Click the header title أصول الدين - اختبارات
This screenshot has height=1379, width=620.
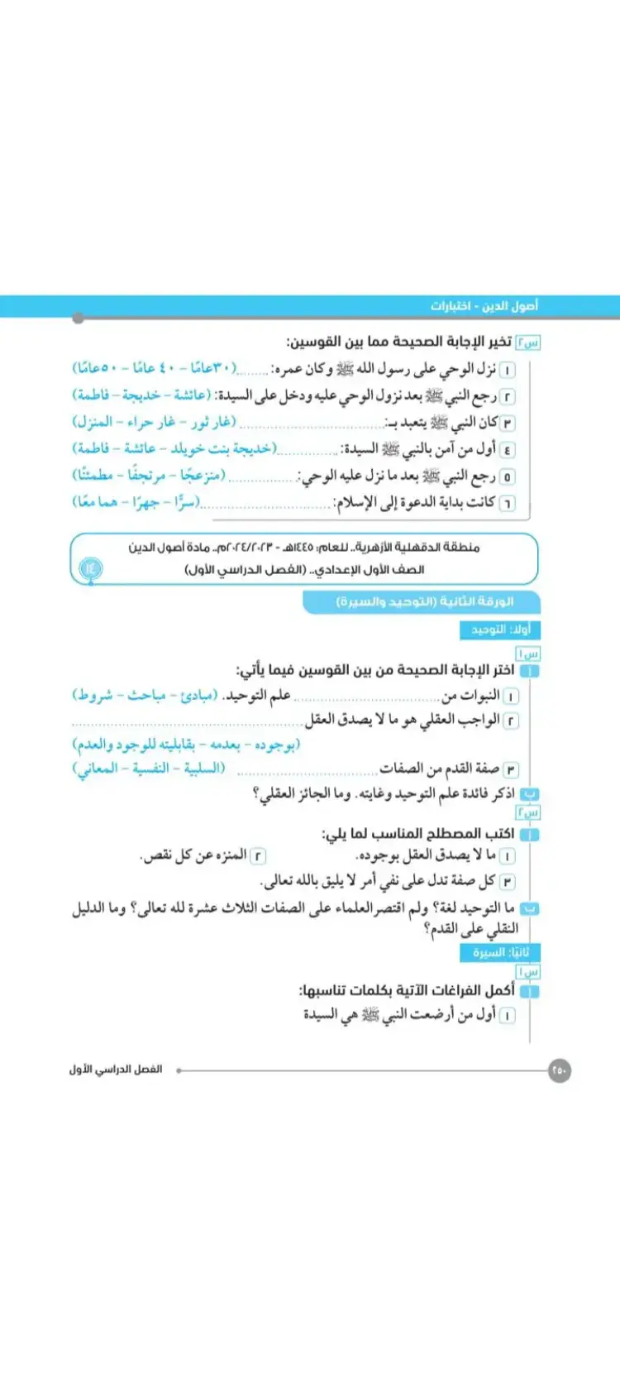point(484,306)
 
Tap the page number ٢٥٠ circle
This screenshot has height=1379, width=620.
point(559,1070)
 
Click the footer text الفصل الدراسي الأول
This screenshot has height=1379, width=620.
point(116,1070)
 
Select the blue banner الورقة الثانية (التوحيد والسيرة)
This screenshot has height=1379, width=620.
point(425,601)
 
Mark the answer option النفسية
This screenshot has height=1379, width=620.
point(152,769)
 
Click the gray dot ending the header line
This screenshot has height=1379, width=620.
point(79,318)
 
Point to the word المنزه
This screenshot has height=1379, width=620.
point(228,855)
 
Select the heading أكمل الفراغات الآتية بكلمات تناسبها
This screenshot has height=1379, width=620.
point(407,990)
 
